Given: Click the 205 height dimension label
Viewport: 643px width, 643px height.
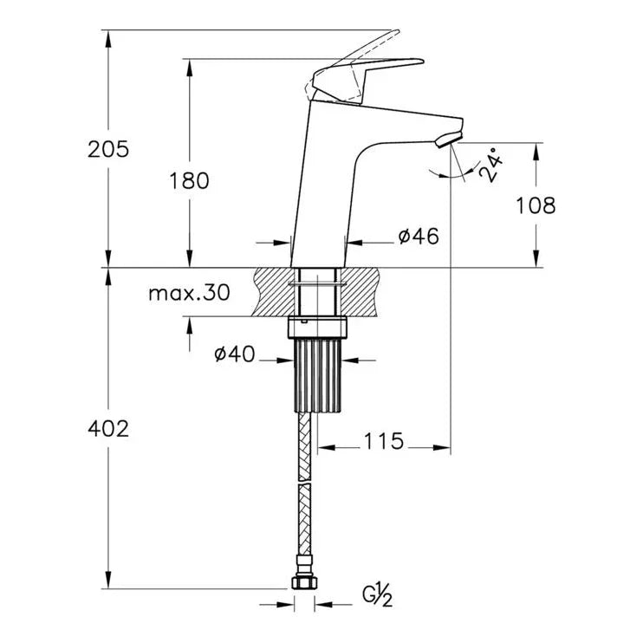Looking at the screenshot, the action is pos(108,149).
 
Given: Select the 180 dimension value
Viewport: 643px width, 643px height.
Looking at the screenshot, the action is pos(189,180).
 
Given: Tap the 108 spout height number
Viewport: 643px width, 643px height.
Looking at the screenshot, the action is pos(536,205).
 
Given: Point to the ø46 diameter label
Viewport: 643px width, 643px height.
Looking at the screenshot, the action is pos(419,236).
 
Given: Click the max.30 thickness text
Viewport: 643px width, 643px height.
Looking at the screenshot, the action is pos(189,293).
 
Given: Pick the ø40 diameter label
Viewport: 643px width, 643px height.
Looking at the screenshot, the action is pos(235,354).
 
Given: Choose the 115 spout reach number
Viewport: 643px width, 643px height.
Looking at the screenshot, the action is pos(384,441).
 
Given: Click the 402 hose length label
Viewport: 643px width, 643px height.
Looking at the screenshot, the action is pos(108,429).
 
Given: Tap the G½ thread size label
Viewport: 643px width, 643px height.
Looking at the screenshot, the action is pos(377,596).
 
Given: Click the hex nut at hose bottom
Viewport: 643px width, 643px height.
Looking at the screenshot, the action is pos(305,582).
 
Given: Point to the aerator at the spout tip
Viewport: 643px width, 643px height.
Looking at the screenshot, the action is pos(448,140).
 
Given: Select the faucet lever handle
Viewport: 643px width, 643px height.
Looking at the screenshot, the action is pos(367,80).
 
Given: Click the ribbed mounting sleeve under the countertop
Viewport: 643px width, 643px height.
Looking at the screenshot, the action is pos(318,375).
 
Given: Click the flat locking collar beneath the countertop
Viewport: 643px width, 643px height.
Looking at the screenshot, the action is pos(318,328).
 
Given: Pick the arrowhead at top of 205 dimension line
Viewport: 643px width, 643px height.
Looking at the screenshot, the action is pos(108,38).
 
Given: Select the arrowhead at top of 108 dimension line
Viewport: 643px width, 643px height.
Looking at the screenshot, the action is pos(536,151).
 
